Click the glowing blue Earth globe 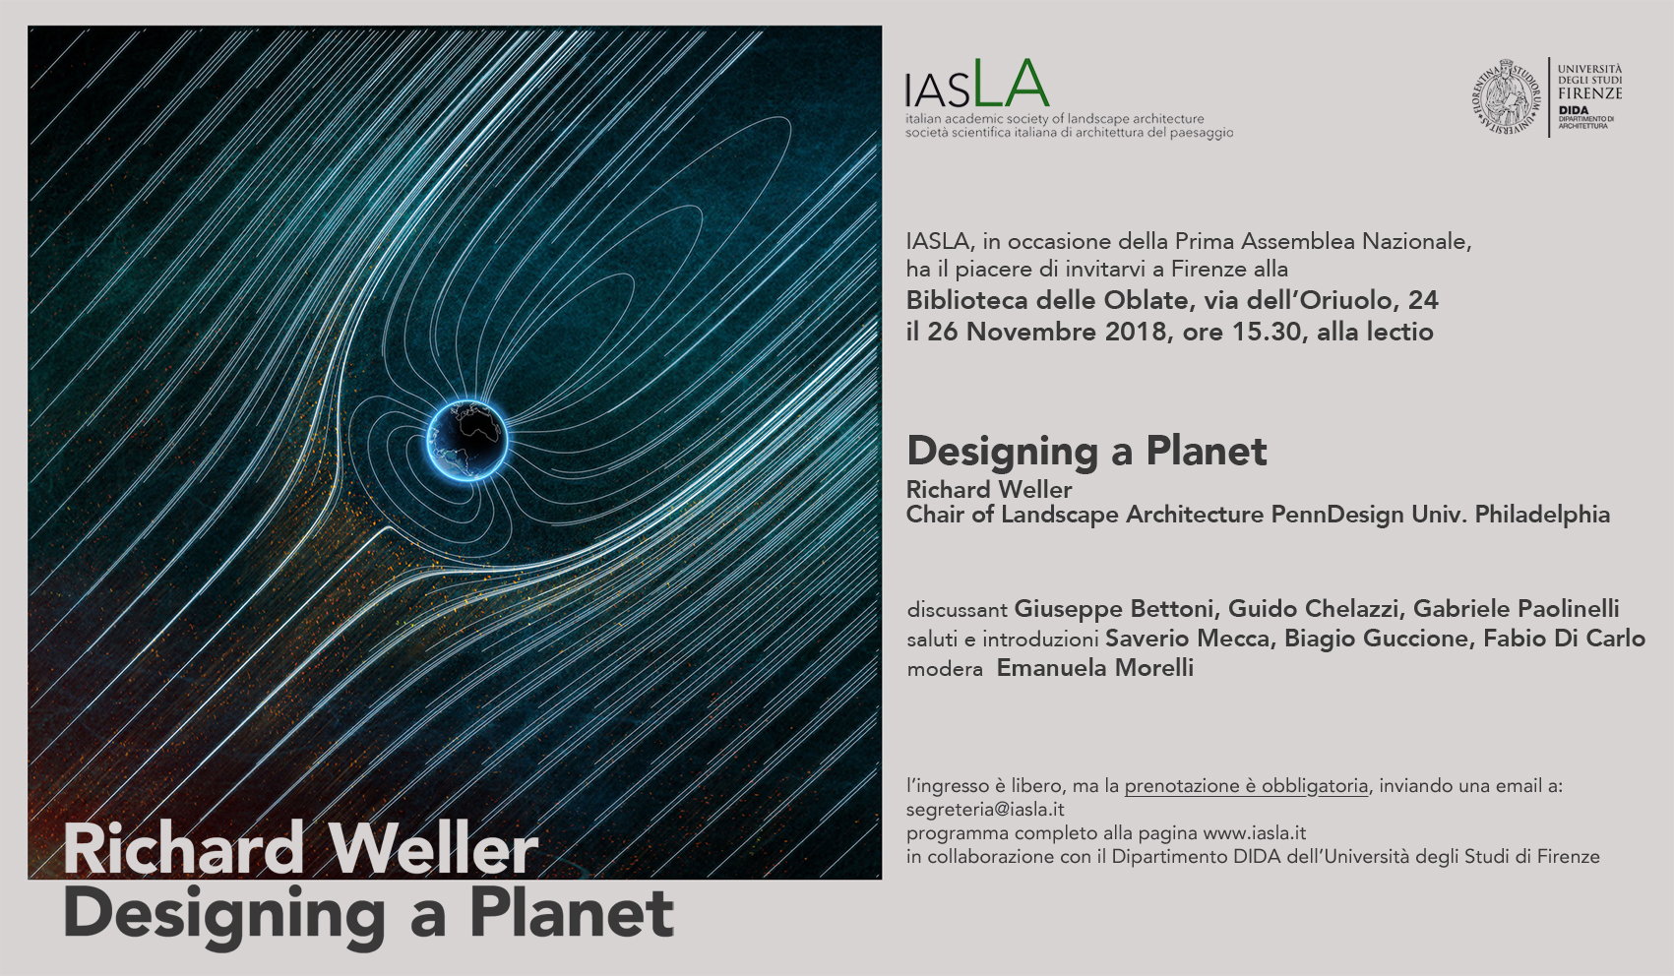(467, 441)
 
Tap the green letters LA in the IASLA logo (1011, 83)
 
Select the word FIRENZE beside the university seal (1589, 93)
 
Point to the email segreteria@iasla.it (985, 810)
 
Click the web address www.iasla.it (1255, 832)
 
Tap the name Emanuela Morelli (1094, 667)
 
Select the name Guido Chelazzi (1313, 608)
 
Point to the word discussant (958, 610)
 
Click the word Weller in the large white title (433, 849)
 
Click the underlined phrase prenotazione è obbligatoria (1247, 786)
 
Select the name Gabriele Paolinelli (1517, 608)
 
